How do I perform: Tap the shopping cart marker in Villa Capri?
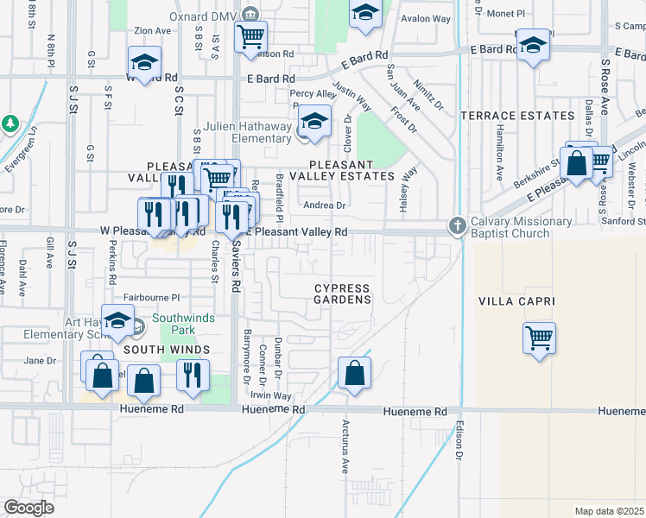point(540,337)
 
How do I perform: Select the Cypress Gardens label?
point(342,294)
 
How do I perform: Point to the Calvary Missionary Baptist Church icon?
point(457,225)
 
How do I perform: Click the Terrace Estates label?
point(517,116)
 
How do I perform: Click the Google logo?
point(28,508)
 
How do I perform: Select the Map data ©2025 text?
point(609,511)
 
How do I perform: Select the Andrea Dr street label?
point(324,205)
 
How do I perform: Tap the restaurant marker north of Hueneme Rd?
point(193,374)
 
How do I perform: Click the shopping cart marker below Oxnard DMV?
point(250,36)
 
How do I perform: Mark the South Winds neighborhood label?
point(166,350)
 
